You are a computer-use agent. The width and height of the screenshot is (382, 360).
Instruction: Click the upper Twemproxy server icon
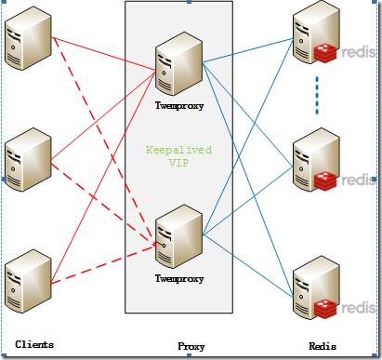tap(178, 65)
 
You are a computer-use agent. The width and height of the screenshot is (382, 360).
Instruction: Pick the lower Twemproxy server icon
tap(178, 238)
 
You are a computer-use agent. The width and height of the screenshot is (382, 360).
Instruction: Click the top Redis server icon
tap(313, 37)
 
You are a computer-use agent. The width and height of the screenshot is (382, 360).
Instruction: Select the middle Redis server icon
tap(313, 163)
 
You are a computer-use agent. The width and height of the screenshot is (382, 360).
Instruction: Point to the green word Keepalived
tap(178, 149)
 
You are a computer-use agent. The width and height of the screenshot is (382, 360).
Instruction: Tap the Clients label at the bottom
tap(33, 344)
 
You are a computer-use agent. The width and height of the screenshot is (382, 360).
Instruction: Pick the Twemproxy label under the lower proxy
tap(178, 277)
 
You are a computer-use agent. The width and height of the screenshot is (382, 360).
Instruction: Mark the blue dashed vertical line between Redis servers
tap(316, 95)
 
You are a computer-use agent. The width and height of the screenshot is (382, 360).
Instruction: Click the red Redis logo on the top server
tap(325, 53)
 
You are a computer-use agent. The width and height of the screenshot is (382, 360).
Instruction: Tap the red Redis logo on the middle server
tap(325, 180)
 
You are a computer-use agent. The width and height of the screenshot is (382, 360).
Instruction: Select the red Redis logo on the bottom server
tap(325, 306)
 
